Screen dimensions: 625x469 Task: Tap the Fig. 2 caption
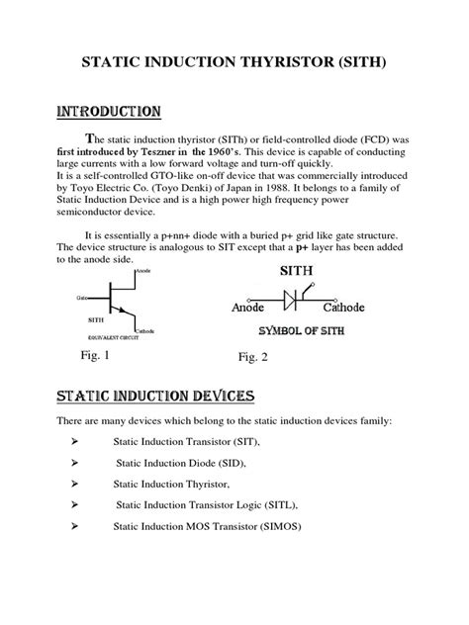pyautogui.click(x=253, y=356)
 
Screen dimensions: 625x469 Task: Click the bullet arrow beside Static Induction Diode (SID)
pyautogui.click(x=77, y=462)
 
